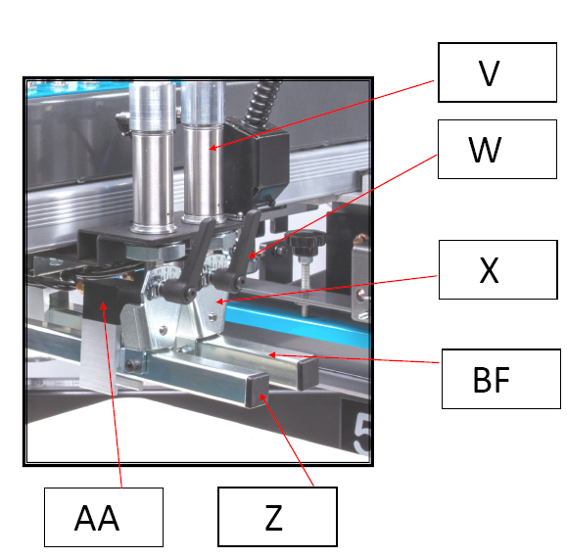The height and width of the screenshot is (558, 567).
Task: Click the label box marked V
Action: tap(497, 72)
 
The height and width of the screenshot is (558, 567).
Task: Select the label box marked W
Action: tap(497, 149)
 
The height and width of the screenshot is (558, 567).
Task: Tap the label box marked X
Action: tap(497, 269)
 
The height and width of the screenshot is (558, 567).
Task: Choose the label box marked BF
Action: tap(501, 379)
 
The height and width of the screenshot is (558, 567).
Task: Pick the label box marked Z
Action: tap(277, 517)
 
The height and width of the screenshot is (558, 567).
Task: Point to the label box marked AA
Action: tap(104, 517)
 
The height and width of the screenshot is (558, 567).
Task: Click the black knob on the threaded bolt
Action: tap(307, 243)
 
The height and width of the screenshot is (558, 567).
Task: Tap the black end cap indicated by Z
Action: tap(258, 391)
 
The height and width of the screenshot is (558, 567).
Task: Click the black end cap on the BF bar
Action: tap(307, 374)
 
